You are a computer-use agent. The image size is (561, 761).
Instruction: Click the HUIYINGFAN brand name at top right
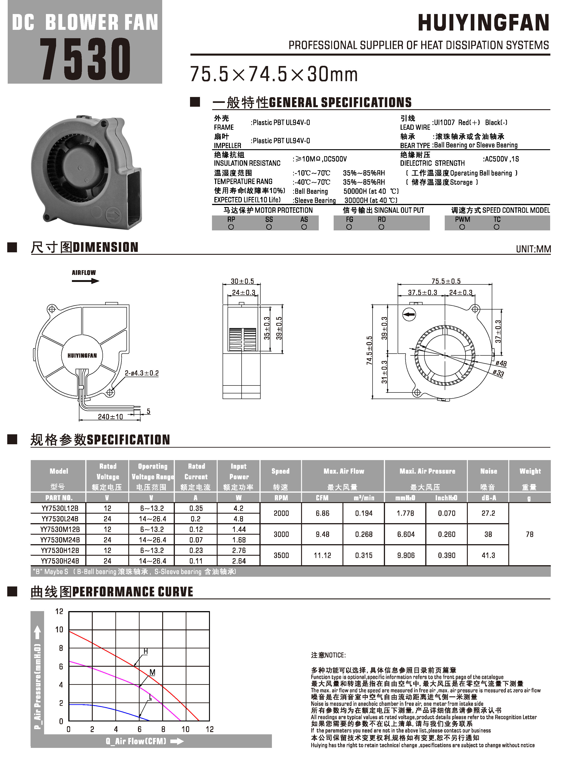coord(483,23)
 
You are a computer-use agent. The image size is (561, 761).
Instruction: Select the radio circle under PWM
coord(462,227)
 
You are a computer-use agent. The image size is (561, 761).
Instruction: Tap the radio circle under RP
coord(231,227)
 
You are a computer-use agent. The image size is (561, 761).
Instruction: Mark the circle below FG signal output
coord(349,227)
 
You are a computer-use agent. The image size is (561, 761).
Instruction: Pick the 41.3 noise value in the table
coord(488,555)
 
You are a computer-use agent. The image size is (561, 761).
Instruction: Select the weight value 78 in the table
coord(529,534)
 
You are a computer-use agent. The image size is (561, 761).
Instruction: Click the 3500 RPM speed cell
coord(281,555)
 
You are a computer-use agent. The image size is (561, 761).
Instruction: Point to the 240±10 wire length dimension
coord(110,416)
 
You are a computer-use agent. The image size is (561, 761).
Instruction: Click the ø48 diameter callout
coord(501,364)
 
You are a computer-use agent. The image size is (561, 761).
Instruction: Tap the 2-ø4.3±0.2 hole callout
coord(142,373)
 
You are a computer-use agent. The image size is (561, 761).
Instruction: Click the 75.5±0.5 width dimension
coord(446,281)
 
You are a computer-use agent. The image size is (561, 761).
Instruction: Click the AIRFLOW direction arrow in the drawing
coord(85,281)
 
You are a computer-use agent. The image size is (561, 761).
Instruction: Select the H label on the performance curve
coord(145,651)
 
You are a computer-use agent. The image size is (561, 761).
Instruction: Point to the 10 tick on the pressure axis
coord(59,630)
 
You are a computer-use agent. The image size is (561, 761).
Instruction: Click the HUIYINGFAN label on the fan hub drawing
coord(82,355)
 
